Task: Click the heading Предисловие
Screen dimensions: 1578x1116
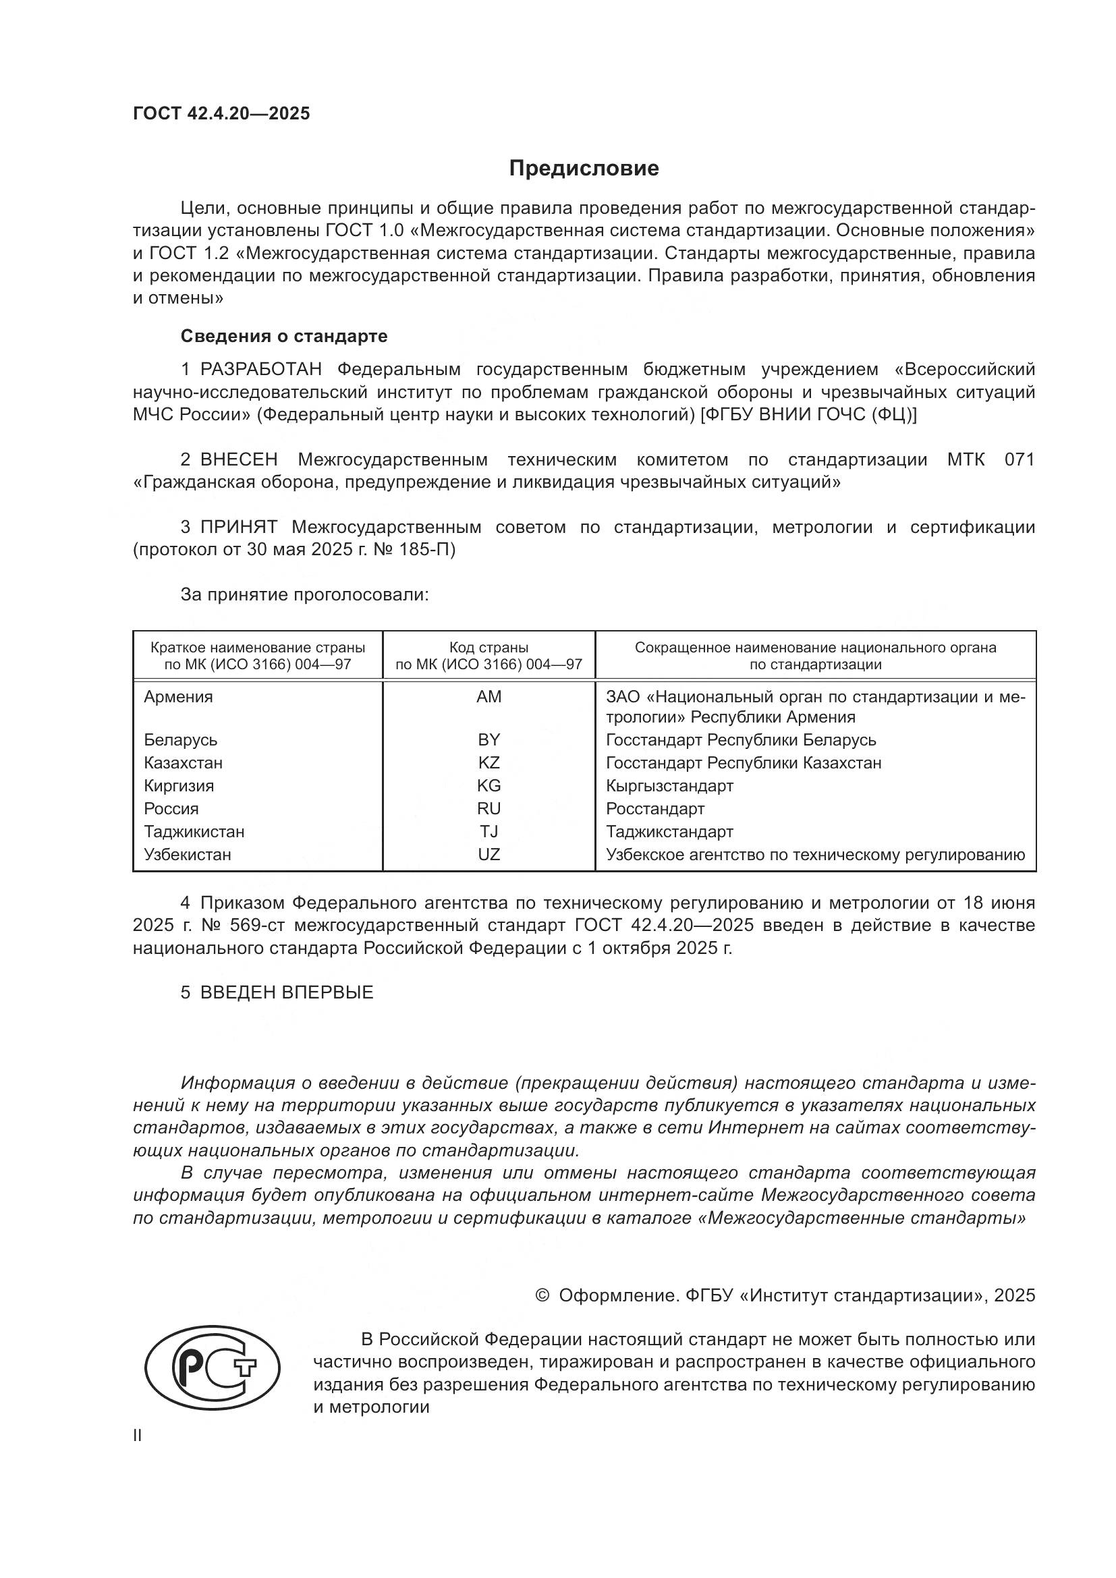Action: (x=584, y=169)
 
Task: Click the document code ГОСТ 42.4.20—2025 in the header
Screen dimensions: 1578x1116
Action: (x=221, y=113)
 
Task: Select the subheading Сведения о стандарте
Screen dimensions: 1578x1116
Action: (x=284, y=336)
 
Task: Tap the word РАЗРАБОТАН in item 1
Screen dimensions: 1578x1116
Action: (x=261, y=370)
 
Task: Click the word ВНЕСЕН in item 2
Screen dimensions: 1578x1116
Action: (x=238, y=460)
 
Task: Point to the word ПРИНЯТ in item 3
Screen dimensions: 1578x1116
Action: (x=238, y=527)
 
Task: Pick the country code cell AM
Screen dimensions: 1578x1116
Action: (x=489, y=697)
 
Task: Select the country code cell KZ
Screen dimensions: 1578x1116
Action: (x=489, y=763)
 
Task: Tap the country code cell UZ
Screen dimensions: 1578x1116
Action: (x=489, y=854)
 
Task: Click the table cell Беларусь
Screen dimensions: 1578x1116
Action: (x=181, y=740)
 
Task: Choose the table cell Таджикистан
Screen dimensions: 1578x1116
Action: (x=194, y=832)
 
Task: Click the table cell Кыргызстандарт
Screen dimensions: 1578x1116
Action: (x=669, y=785)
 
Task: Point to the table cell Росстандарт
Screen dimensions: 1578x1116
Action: (x=655, y=809)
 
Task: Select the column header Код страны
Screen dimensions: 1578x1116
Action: (x=489, y=648)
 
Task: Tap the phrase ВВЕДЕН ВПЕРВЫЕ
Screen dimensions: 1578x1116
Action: (x=287, y=992)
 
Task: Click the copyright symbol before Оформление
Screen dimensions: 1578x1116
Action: (x=542, y=1295)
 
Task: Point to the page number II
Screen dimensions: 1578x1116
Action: (x=138, y=1436)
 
